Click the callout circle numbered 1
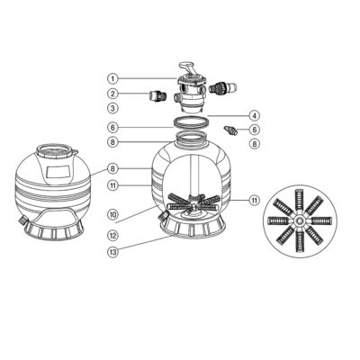tap(112, 79)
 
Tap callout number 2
tap(112, 94)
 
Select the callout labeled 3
tap(112, 108)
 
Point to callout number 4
tap(255, 115)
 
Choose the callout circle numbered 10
tap(112, 214)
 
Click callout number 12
tap(112, 236)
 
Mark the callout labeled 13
tap(112, 252)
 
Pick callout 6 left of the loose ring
tap(112, 128)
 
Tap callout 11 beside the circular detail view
tap(255, 200)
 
